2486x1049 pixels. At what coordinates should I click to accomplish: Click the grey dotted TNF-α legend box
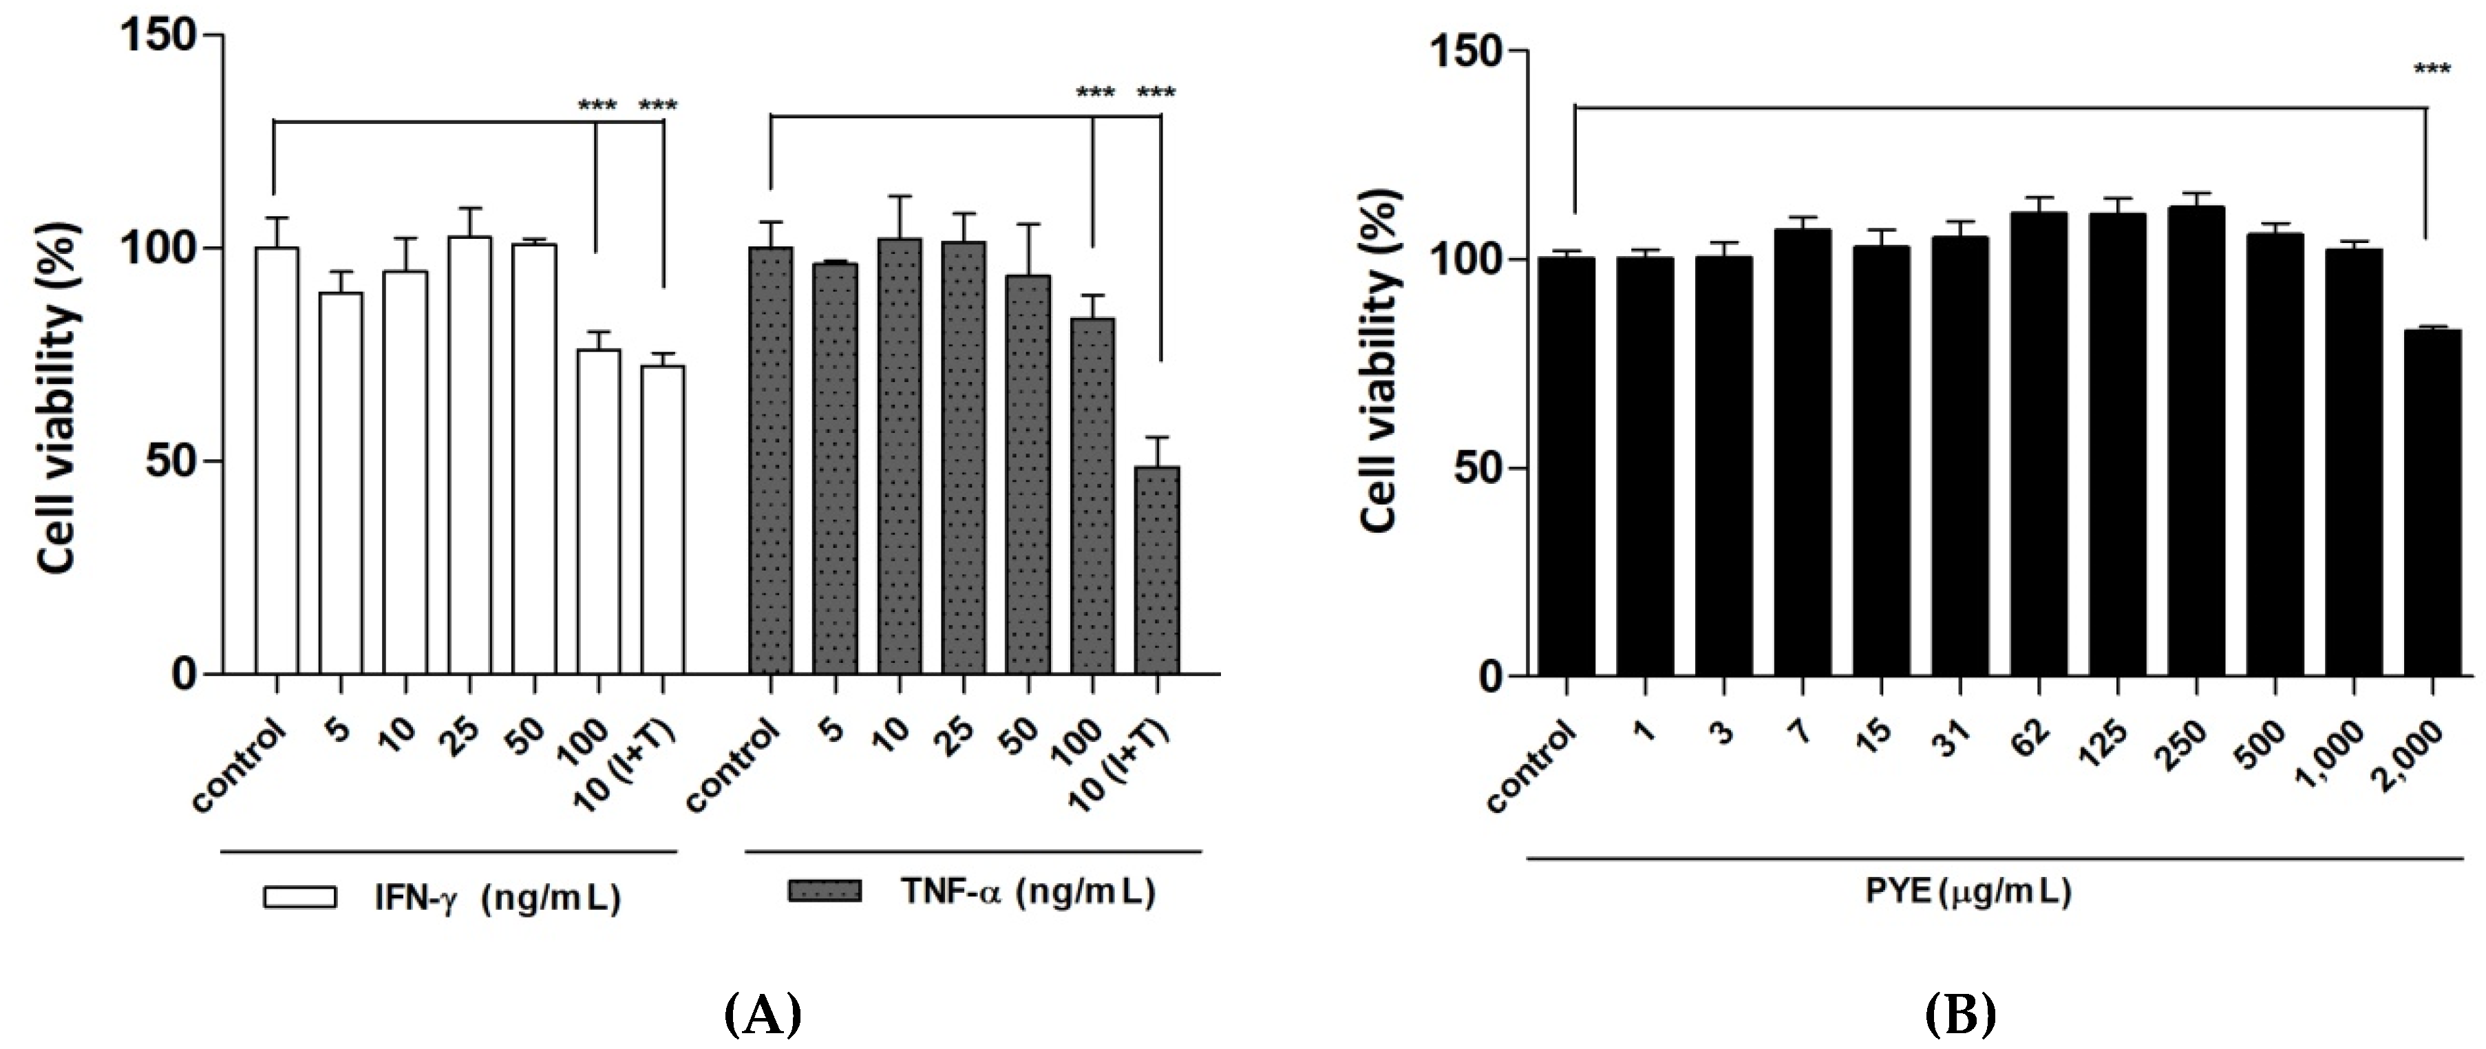(x=824, y=891)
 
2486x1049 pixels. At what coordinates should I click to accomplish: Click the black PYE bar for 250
(x=2196, y=439)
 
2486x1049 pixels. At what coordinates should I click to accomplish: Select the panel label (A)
(x=763, y=1015)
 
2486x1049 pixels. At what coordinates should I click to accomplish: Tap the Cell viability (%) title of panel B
(x=1380, y=357)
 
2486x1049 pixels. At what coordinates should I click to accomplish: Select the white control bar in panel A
(x=277, y=460)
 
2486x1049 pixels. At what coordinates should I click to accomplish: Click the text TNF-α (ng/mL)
(x=1028, y=891)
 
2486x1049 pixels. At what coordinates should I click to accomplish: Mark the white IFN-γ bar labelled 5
(x=341, y=483)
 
